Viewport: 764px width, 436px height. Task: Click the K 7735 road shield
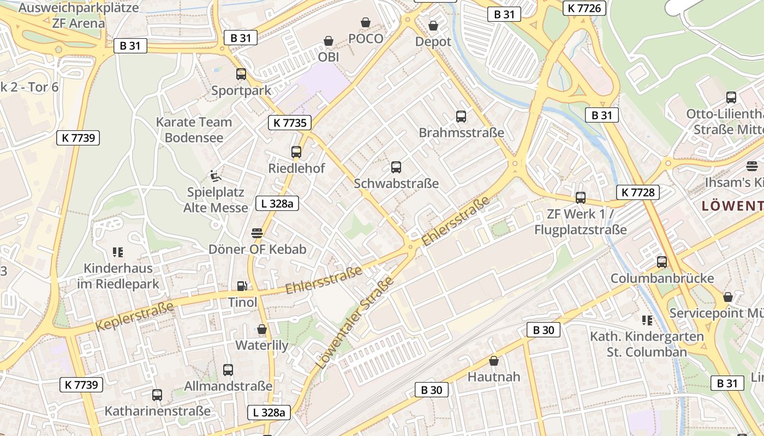(x=289, y=123)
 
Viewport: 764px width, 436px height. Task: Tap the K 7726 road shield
(x=584, y=8)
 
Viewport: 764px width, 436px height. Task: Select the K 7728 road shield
(x=638, y=192)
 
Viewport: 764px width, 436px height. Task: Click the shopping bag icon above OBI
(x=329, y=41)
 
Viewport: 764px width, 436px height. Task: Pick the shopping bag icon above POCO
(x=366, y=22)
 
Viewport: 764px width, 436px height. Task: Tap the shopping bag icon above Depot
(x=433, y=26)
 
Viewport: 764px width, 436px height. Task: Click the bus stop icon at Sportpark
(x=241, y=74)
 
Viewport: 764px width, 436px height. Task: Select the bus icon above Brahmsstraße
(x=461, y=117)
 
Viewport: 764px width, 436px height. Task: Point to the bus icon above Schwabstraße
(x=396, y=167)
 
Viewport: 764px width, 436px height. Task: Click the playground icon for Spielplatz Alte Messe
(x=215, y=175)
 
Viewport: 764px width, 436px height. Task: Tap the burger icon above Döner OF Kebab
(x=257, y=233)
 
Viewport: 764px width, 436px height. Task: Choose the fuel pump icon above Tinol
(x=242, y=286)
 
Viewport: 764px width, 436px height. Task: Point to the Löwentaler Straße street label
(x=355, y=323)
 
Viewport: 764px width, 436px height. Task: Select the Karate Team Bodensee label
(x=194, y=130)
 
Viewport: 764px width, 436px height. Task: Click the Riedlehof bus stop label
(x=296, y=168)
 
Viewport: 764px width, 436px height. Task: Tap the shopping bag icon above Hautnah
(x=494, y=361)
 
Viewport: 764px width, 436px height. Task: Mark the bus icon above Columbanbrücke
(x=662, y=262)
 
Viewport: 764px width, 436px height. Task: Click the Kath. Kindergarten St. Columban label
(x=647, y=344)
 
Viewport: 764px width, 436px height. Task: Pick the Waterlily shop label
(x=262, y=345)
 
